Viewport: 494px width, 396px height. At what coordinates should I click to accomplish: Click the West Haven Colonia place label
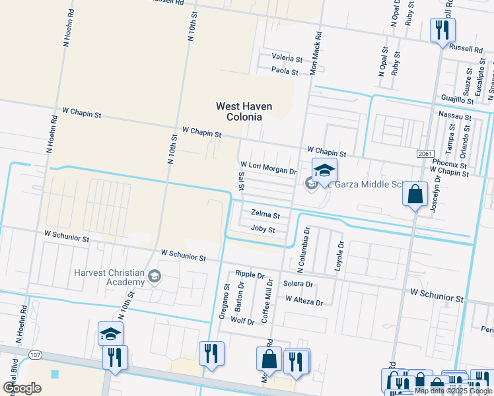[239, 111]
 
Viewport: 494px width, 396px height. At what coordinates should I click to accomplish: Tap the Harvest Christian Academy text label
[109, 277]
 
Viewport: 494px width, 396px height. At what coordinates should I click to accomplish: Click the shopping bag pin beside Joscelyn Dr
[415, 195]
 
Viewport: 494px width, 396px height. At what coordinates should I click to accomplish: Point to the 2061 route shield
[426, 153]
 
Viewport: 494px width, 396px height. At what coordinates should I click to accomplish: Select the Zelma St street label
[265, 215]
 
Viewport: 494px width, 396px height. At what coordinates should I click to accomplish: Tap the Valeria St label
[287, 58]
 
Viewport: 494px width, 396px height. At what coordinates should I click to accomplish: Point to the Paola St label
[286, 71]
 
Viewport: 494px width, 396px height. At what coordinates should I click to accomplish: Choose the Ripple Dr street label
[250, 275]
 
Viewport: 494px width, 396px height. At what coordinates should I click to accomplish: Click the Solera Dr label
[298, 284]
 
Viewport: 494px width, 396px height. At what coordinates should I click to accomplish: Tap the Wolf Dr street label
[242, 321]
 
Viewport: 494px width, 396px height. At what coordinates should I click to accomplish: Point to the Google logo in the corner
[22, 388]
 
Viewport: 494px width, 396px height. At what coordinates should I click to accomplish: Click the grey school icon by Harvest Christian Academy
[155, 275]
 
